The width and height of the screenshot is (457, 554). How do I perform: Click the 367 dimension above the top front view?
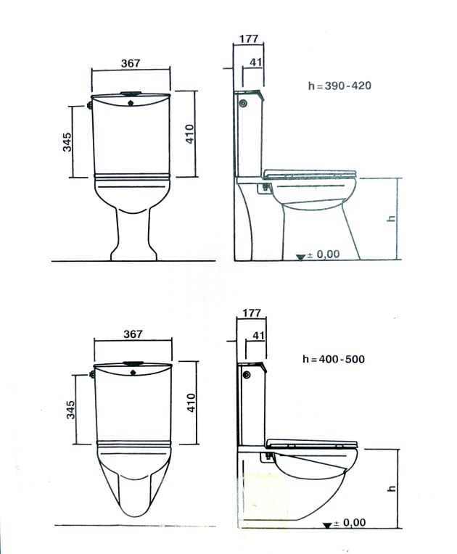pos(131,63)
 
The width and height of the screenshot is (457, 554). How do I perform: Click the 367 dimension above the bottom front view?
pos(133,334)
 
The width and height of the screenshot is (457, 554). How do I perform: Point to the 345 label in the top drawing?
pos(67,142)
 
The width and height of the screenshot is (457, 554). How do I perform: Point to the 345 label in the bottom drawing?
pos(70,410)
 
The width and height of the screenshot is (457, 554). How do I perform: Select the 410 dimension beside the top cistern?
pos(190,134)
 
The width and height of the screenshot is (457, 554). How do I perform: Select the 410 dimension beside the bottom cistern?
pos(191,402)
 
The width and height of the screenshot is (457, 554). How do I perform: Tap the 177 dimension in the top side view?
pos(249,38)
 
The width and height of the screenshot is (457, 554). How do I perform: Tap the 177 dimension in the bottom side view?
pos(252,313)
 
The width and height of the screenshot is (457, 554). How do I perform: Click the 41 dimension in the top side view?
pos(256,62)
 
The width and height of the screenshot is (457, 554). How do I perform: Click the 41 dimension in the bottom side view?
pos(258,335)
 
